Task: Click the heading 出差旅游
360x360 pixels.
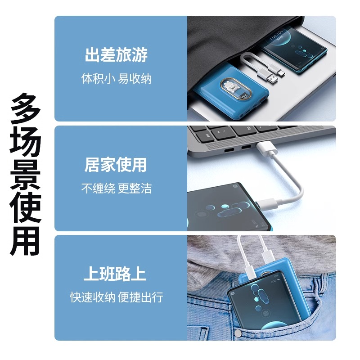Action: (116, 56)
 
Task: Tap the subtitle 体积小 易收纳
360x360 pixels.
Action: (116, 79)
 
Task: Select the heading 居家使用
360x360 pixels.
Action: (116, 165)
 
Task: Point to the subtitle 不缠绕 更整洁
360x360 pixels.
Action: (116, 188)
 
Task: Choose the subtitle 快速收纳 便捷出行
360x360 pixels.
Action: (116, 297)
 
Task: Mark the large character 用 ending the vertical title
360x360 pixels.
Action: (26, 240)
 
